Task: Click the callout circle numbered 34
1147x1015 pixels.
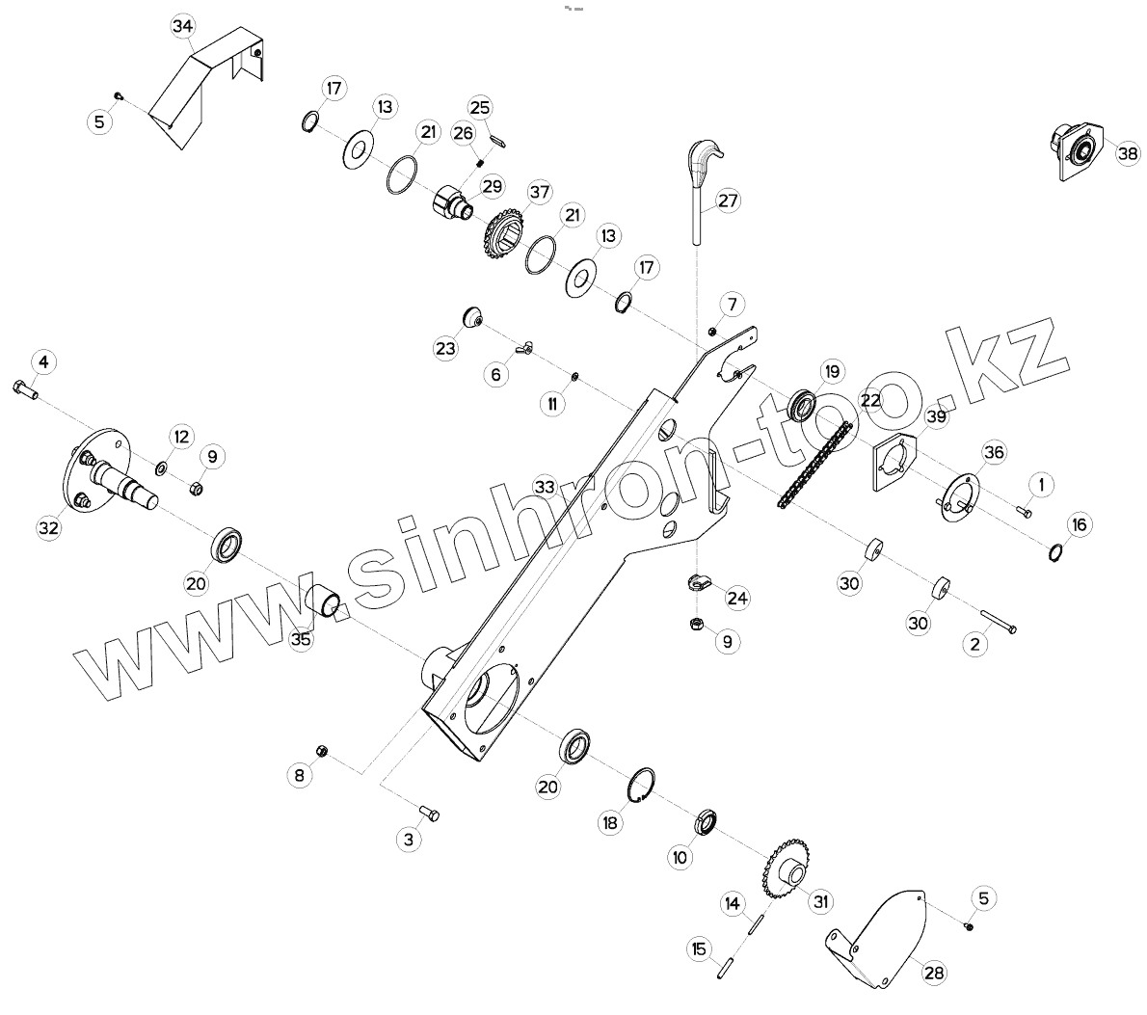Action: click(182, 27)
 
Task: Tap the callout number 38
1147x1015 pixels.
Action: click(1128, 153)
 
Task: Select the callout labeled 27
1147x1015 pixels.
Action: click(727, 200)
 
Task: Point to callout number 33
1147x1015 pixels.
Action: click(545, 488)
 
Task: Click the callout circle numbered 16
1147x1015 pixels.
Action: click(1079, 524)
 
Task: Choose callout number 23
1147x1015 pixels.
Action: click(445, 348)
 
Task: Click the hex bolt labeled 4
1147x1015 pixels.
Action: click(25, 390)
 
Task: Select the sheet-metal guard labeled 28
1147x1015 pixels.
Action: click(882, 940)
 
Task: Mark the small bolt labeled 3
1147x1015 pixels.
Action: click(430, 815)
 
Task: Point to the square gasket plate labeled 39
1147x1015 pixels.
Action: click(895, 463)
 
